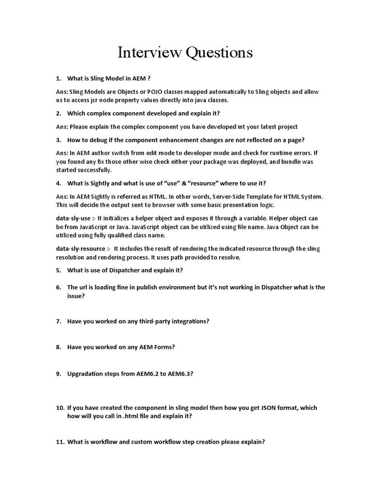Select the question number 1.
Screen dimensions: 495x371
click(58, 78)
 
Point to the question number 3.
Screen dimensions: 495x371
click(58, 140)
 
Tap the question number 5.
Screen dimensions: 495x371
click(58, 270)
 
